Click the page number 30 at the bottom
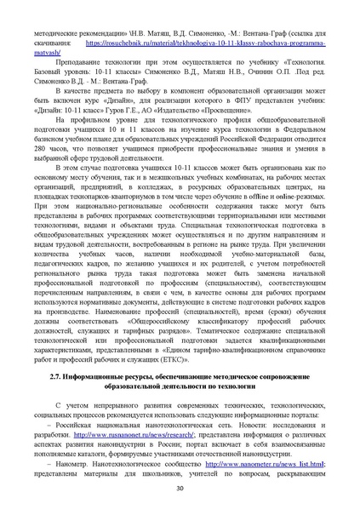coord(180,488)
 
